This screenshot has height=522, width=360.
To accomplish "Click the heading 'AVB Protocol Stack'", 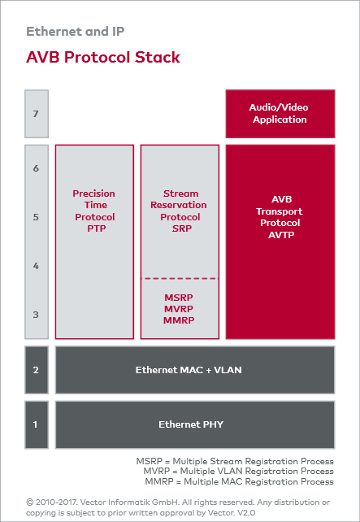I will click(x=103, y=57).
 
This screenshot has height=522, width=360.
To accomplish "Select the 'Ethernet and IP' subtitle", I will click(x=75, y=32).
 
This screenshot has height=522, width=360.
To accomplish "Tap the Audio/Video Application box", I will click(x=279, y=114).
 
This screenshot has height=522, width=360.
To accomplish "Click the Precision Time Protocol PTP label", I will click(x=94, y=211).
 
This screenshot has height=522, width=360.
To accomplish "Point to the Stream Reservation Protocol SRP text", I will click(x=180, y=211).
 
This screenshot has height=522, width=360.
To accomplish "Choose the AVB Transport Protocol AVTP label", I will click(x=279, y=217).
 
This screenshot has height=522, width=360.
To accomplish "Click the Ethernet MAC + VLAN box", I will click(x=194, y=370).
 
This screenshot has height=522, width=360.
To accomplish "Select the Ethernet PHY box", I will click(x=194, y=424).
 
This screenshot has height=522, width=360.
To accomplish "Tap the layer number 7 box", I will click(x=36, y=114).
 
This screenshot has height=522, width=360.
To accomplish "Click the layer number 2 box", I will click(x=36, y=370).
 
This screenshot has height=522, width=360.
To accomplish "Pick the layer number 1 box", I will click(x=36, y=424).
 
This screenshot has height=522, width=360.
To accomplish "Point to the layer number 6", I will click(x=36, y=168).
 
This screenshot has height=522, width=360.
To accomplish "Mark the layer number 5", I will click(x=36, y=217).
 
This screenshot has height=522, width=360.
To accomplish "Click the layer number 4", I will click(x=36, y=266).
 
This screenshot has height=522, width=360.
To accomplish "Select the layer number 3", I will click(x=36, y=315).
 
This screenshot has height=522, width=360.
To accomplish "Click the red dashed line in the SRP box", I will click(x=180, y=279).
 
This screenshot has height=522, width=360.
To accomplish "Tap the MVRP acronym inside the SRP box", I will click(x=180, y=310).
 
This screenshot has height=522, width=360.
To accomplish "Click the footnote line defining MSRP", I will click(x=234, y=461).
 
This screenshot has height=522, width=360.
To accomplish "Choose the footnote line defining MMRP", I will click(x=236, y=481).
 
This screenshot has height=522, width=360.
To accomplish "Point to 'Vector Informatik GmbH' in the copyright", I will click(x=127, y=502).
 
